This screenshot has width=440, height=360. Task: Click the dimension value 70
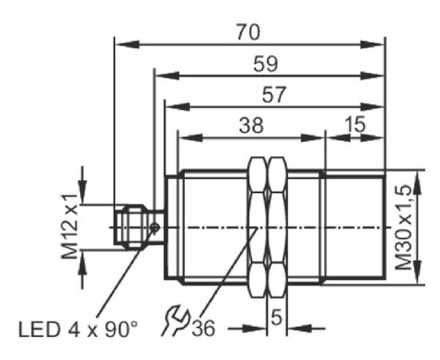tap(248, 32)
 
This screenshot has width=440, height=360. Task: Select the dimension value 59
tap(266, 64)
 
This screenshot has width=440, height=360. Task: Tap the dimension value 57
tap(274, 94)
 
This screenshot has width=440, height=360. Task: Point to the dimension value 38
tap(251, 125)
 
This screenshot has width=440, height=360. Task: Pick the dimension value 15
tap(355, 123)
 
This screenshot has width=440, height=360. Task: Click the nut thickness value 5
tap(277, 318)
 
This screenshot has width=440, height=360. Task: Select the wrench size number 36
tap(203, 328)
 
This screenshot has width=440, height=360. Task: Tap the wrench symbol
tap(175, 321)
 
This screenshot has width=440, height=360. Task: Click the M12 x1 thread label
tap(70, 226)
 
